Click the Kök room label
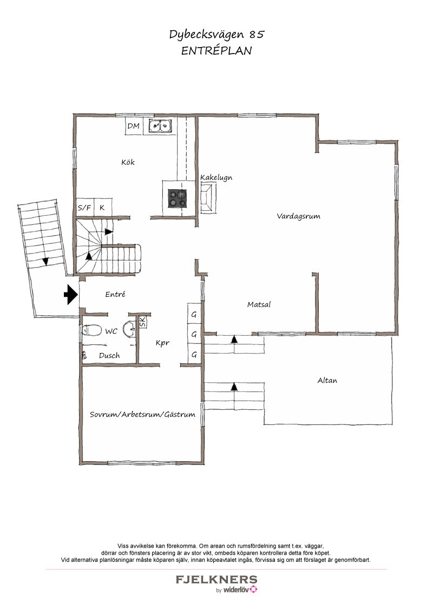pos(128,162)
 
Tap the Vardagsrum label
pos(299,216)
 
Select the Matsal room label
pos(259,304)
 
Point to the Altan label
pos(327,380)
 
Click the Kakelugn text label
pos(216,177)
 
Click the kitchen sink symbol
pos(160,125)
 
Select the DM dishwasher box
pos(134,126)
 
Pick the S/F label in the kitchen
pos(84,208)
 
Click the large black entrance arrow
pos(71,294)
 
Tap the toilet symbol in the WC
pos(91,331)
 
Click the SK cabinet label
pos(142,322)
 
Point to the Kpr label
pos(162,343)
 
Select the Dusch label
pos(109,356)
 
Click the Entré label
pos(115,294)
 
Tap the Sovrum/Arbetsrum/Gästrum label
pos(142,415)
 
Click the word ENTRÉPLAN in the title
pos(216,51)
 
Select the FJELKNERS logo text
pos(216,580)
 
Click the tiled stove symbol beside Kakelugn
pos(208,198)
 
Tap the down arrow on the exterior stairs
pos(45,261)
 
